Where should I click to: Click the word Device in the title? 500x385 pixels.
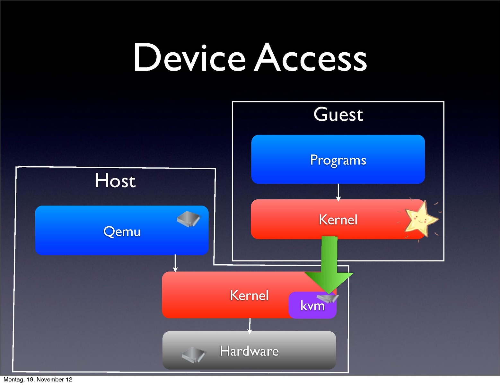tap(189, 58)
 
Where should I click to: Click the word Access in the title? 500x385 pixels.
tap(311, 58)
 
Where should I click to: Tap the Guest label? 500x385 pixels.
tap(338, 115)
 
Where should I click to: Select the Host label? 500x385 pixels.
tap(115, 181)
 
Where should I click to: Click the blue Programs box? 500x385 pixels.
tap(338, 170)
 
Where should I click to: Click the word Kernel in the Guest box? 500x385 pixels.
tap(338, 220)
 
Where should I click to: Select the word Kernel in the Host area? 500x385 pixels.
tap(249, 295)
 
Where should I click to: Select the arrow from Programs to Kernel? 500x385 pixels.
tap(338, 192)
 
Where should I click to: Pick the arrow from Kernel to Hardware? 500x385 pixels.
tap(250, 326)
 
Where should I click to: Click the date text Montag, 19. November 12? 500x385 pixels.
tap(38, 380)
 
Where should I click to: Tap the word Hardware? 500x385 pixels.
tap(249, 351)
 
